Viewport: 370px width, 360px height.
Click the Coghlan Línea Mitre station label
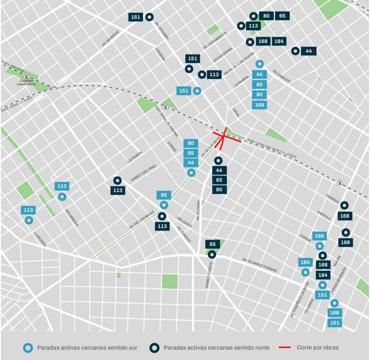tap(26, 82)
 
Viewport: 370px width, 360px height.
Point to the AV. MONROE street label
tap(111, 39)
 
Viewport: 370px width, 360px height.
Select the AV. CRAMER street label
tap(162, 31)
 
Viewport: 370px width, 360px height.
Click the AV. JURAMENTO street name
tap(215, 41)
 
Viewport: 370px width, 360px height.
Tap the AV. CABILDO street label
tap(281, 76)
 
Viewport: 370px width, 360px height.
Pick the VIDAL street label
tap(236, 112)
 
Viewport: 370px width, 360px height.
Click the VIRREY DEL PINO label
tap(143, 173)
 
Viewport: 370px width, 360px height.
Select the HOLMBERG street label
tap(72, 218)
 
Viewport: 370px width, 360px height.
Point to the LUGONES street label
tap(40, 239)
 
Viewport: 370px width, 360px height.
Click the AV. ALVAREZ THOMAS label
tap(260, 265)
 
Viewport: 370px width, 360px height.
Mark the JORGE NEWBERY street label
tap(338, 281)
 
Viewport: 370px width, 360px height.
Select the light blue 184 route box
tap(305, 262)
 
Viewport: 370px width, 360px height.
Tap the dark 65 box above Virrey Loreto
tap(213, 244)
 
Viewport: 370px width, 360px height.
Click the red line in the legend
tap(285, 348)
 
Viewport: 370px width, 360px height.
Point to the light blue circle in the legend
tap(28, 348)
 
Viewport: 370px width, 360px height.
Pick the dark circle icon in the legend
tap(154, 348)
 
